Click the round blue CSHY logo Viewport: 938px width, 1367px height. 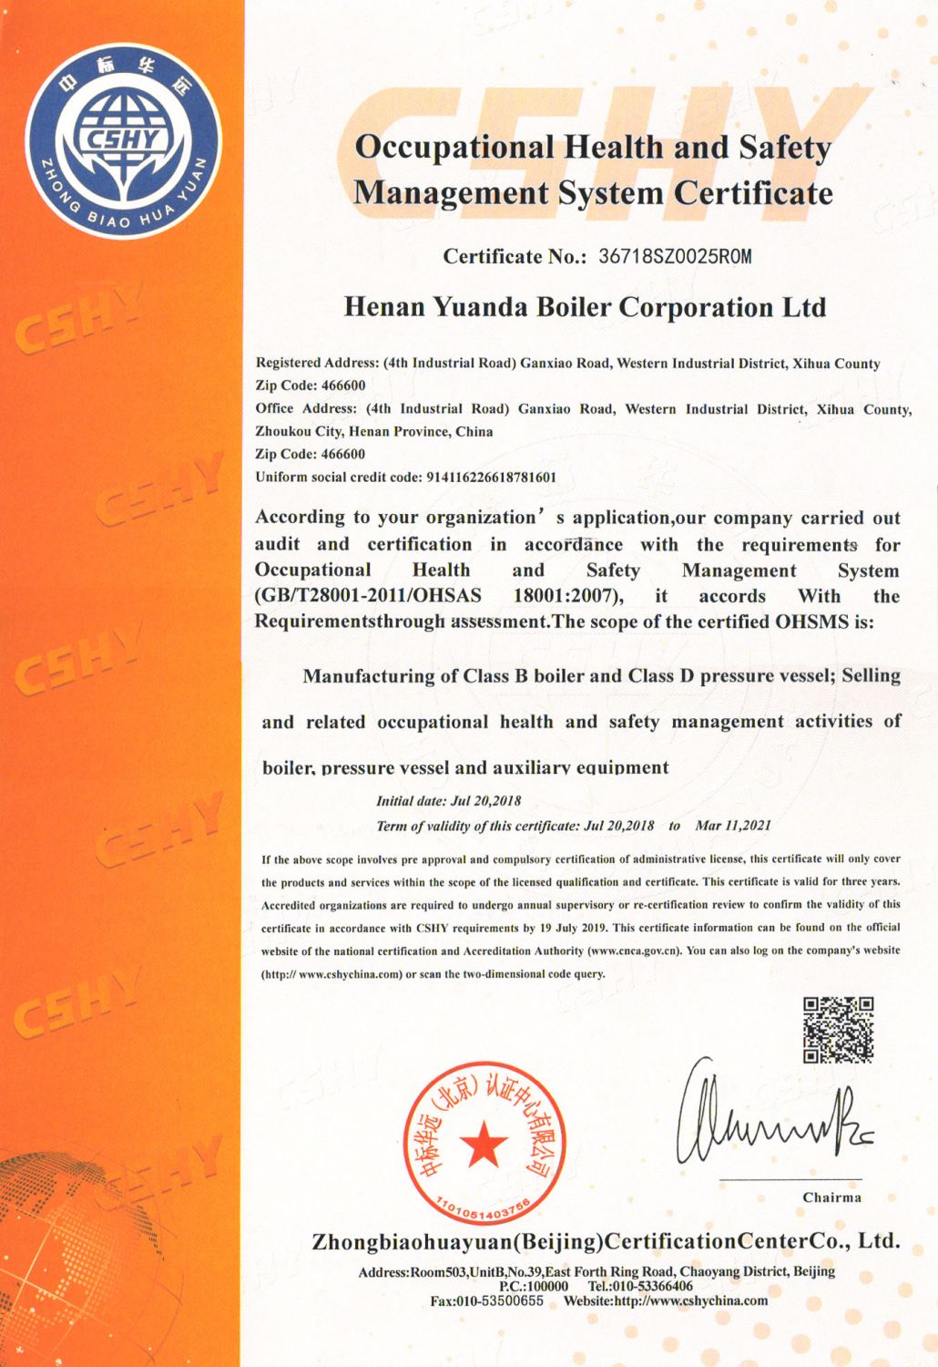(123, 140)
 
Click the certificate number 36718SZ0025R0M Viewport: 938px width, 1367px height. (675, 256)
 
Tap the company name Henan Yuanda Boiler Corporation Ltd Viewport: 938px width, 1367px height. (585, 307)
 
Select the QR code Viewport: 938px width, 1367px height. (838, 1030)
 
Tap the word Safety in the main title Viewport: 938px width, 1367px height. (784, 148)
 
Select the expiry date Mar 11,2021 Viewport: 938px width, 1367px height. (733, 826)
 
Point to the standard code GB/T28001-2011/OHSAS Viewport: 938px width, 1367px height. (368, 596)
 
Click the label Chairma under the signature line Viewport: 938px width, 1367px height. (831, 1197)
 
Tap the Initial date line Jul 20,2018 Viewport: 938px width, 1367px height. (449, 801)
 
